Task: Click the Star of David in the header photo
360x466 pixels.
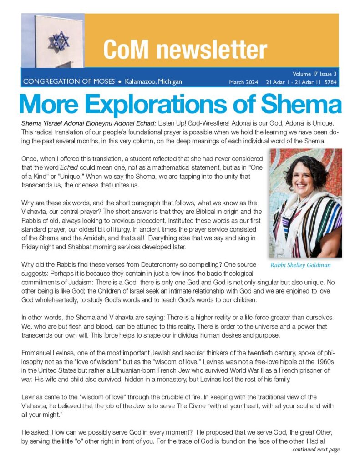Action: tap(59, 41)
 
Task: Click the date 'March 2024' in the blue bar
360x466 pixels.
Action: tap(243, 82)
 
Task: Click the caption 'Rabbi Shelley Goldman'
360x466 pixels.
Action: tap(300, 265)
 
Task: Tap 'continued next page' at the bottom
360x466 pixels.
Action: tap(316, 450)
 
